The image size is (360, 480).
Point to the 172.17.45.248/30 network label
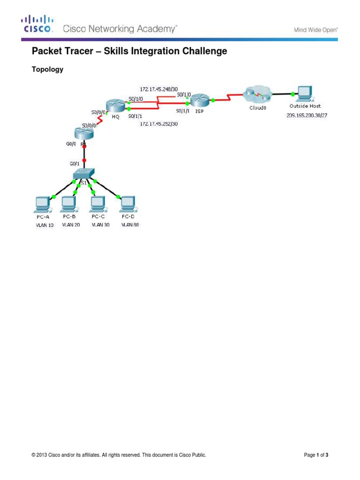[159, 88]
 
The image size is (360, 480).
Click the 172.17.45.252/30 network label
[159, 125]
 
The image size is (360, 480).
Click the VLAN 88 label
[130, 225]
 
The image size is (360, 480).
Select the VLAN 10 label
[45, 225]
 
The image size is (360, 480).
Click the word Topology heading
[47, 70]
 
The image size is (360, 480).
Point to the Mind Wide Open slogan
[316, 30]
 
